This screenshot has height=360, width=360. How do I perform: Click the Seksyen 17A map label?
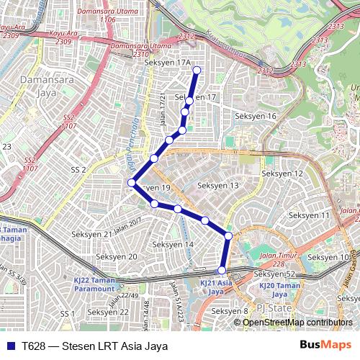coord(167,63)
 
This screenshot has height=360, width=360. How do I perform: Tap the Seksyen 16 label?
coord(256,116)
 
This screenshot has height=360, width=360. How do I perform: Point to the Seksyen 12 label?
coord(282,174)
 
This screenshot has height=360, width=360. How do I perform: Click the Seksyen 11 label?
coord(308,215)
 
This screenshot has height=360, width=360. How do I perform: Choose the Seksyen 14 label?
coord(174,245)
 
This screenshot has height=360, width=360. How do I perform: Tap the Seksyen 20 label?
coord(117,256)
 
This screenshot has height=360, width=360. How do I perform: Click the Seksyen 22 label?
coord(108,312)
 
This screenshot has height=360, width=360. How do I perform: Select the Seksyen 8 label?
coord(230,311)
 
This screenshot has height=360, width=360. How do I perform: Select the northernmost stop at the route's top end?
coord(197,70)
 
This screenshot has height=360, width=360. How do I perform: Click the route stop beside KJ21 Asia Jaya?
coord(222,270)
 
